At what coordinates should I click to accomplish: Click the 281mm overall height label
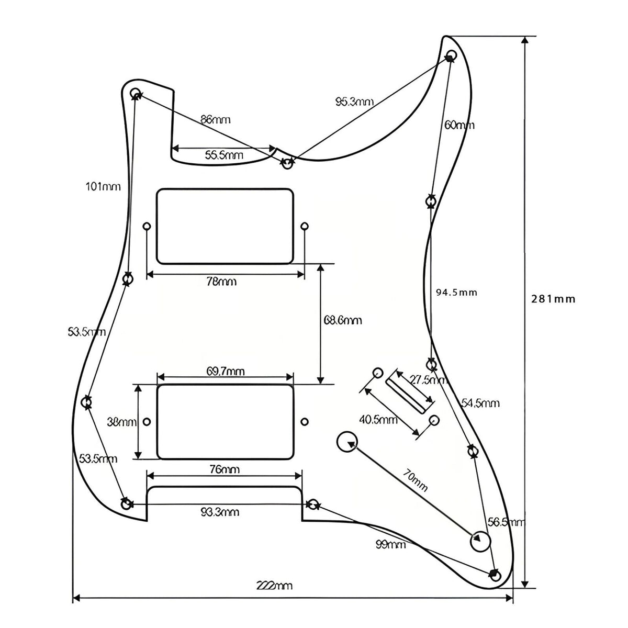click(x=553, y=299)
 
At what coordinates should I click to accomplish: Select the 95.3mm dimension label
click(x=354, y=102)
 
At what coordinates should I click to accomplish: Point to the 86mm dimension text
click(x=216, y=119)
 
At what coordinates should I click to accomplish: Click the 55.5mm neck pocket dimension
click(x=223, y=155)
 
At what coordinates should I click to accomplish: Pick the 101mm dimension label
click(x=103, y=186)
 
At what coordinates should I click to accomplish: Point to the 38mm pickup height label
click(x=121, y=422)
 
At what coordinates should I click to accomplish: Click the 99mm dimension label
click(x=390, y=545)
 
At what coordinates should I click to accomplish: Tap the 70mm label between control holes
click(x=415, y=482)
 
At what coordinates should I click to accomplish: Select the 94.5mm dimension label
click(x=456, y=293)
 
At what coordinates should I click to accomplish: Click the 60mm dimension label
click(x=459, y=125)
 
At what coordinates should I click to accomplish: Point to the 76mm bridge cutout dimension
click(x=223, y=469)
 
